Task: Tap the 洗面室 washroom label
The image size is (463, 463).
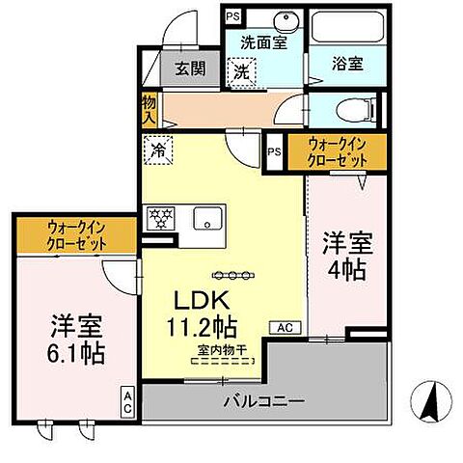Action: click(263, 42)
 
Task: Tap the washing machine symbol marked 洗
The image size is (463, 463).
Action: click(244, 70)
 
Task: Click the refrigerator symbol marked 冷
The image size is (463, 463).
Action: click(156, 150)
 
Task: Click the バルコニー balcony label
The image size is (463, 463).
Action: click(264, 399)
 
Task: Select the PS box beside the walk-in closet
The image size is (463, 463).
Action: click(275, 151)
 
